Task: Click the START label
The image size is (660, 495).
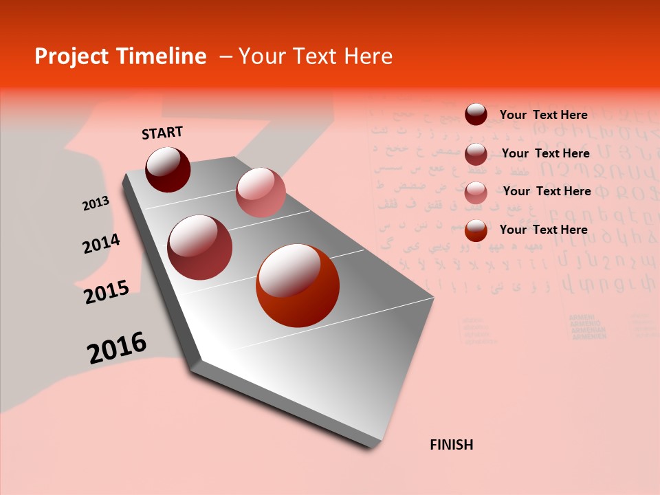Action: coord(162,133)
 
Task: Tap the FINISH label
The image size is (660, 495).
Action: coord(451,445)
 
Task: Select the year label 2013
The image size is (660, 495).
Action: coord(96,203)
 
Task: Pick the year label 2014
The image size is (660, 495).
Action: coord(101,244)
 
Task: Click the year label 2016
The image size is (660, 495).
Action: coord(117,348)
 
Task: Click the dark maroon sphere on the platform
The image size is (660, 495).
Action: coord(168,169)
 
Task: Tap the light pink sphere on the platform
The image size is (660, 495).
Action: coord(261,192)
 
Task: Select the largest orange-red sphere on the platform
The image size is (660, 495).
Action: coord(298,285)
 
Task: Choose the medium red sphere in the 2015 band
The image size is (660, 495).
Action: coord(200,247)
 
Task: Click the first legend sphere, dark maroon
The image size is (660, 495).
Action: coord(476,115)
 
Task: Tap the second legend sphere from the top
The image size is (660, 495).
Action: coord(476,153)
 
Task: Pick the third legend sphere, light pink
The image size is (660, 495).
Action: coord(476,192)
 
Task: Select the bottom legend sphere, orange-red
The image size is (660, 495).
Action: coord(476,230)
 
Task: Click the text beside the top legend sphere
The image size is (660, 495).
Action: coord(543,115)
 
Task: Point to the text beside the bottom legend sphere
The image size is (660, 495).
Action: coord(543,230)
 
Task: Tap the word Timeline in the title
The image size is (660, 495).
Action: coord(162,56)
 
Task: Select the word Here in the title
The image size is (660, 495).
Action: coord(368,56)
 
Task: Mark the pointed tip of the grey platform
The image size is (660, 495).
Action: coord(375,445)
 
